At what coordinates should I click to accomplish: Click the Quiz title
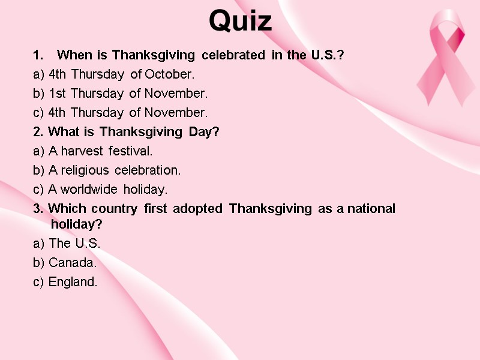click(x=240, y=22)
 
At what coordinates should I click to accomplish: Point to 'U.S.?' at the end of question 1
click(x=327, y=56)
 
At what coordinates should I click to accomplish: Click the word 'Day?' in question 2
click(x=204, y=132)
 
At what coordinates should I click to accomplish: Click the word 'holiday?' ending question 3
click(x=77, y=224)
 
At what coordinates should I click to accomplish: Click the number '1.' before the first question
click(x=38, y=56)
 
